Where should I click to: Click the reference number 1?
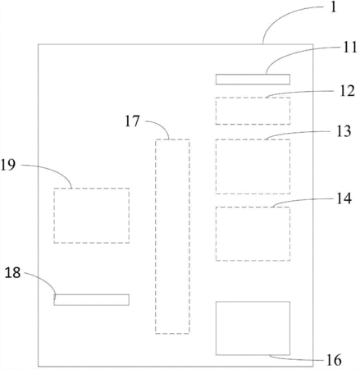point(333,7)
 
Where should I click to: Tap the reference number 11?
point(350,47)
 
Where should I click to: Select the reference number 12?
point(348,91)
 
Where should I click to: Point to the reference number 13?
point(344,131)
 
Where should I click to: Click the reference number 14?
point(344,198)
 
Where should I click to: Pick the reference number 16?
point(334,360)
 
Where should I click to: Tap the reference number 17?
point(132,121)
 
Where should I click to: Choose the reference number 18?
point(12,272)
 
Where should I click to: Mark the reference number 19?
point(8,165)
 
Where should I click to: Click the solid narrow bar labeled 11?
point(253,80)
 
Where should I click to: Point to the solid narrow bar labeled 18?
point(91,299)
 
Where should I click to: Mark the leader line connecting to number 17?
point(162,125)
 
